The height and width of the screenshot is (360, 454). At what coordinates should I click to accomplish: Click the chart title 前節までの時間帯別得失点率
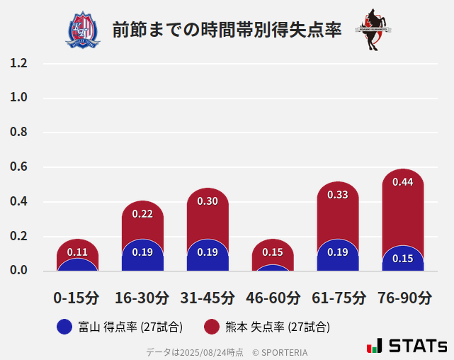click(227, 30)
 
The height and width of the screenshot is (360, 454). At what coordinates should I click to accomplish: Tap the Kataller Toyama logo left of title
click(83, 30)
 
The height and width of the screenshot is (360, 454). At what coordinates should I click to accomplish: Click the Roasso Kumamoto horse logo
click(373, 30)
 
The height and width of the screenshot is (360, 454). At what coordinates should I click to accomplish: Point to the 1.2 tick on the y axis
click(18, 63)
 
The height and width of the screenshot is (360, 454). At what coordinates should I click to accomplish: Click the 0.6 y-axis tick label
click(18, 167)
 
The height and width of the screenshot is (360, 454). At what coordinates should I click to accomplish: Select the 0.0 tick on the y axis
click(18, 271)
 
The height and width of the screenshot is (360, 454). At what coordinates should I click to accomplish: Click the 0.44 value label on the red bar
click(402, 182)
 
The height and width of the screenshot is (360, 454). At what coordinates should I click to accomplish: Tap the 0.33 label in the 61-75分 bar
click(338, 195)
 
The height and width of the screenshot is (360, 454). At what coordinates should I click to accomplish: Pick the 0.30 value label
click(208, 201)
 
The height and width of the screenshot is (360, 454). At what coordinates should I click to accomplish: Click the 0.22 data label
click(142, 214)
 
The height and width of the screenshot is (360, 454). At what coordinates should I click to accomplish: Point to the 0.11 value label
click(77, 252)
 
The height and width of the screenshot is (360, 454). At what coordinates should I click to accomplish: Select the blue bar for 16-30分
click(142, 257)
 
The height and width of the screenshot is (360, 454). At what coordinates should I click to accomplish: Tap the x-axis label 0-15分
click(76, 298)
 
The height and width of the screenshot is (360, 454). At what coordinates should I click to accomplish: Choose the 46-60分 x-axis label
click(273, 298)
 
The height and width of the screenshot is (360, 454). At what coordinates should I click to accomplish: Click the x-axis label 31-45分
click(208, 298)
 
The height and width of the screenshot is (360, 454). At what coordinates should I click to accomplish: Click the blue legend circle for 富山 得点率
click(64, 327)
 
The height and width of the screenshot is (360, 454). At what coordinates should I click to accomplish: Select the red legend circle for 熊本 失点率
click(211, 327)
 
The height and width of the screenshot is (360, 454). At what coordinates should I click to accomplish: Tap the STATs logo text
click(416, 346)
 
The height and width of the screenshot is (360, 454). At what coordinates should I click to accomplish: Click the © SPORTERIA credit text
click(280, 351)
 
